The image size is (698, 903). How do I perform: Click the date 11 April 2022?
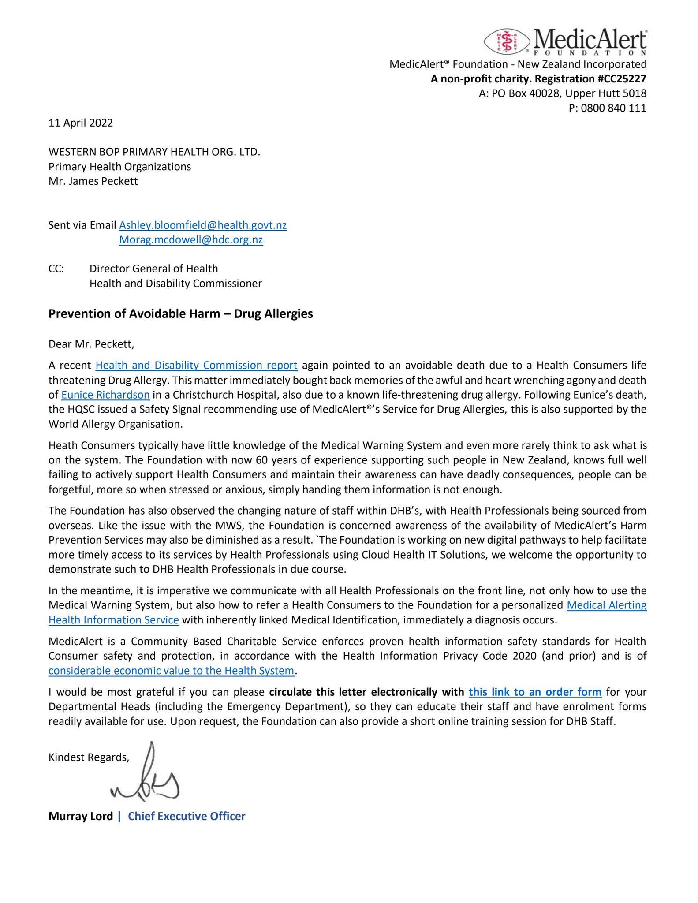point(81,123)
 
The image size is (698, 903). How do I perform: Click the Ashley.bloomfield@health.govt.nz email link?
point(203,225)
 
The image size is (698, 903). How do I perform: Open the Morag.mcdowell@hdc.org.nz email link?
point(191,240)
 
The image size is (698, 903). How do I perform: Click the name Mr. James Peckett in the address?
point(93,181)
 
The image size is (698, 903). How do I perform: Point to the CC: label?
point(56,269)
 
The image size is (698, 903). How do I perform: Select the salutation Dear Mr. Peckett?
point(91,343)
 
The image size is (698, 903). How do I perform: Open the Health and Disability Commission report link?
point(196,365)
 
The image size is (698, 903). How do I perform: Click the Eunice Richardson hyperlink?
point(105,395)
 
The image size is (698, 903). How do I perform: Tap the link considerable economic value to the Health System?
point(171,671)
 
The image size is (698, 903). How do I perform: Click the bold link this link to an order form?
point(535,692)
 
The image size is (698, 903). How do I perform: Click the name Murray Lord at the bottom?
point(81,816)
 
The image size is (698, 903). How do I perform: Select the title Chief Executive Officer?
point(187,816)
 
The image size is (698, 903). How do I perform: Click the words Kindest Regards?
point(89,757)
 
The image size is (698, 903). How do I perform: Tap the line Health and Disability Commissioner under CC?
point(175,284)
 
